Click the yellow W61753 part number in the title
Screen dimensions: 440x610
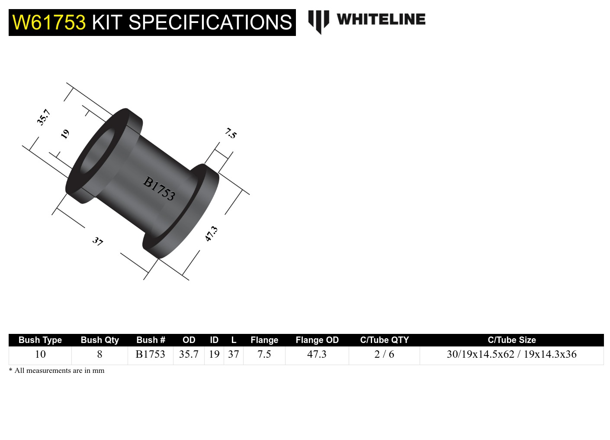49,23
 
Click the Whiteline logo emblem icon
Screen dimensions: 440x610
318,21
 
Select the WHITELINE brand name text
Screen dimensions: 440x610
381,19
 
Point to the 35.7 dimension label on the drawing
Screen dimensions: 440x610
44,117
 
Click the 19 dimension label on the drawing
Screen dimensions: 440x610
65,134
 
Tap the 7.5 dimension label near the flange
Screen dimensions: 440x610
231,133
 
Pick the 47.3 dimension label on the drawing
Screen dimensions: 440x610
211,234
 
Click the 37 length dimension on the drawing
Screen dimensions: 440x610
98,241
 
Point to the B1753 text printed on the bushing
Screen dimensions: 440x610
159,188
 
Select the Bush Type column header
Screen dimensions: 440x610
40,340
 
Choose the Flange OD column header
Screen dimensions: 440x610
317,340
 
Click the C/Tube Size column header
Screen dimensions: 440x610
511,340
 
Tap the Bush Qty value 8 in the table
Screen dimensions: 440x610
100,354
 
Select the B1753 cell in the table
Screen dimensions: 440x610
150,354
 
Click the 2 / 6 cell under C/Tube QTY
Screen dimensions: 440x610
384,354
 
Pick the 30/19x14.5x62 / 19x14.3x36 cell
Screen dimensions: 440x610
511,354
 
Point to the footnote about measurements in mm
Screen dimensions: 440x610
57,370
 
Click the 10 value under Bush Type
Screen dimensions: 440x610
40,354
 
